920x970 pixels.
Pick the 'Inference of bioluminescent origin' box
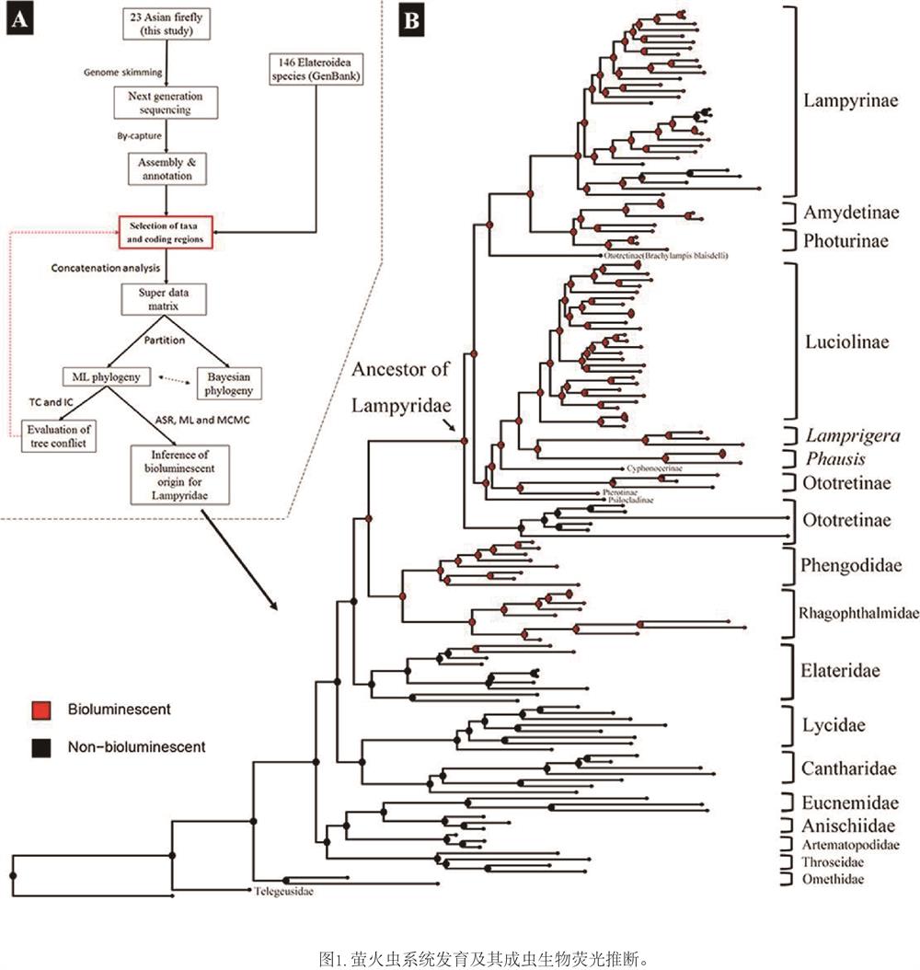coord(180,476)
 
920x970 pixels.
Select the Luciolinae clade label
coord(845,341)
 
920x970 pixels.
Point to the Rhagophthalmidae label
coord(857,614)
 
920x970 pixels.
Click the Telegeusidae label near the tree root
coord(289,891)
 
